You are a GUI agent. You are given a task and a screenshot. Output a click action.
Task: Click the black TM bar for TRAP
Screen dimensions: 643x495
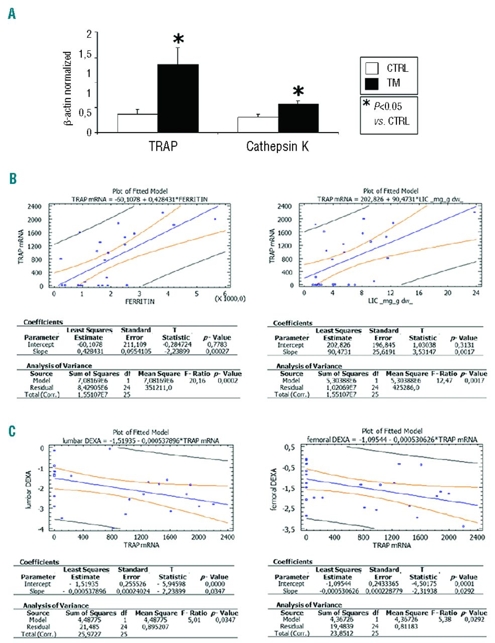pyautogui.click(x=178, y=98)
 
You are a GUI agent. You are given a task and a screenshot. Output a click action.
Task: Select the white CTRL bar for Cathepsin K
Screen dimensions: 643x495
pyautogui.click(x=258, y=125)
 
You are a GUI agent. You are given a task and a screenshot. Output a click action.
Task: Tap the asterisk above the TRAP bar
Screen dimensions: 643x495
pyautogui.click(x=178, y=40)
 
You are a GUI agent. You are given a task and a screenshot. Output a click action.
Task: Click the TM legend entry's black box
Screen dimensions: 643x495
pyautogui.click(x=372, y=83)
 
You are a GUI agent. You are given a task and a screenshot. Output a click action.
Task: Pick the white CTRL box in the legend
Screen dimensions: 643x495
pyautogui.click(x=372, y=68)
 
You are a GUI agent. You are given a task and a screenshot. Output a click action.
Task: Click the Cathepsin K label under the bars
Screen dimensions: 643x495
pyautogui.click(x=277, y=147)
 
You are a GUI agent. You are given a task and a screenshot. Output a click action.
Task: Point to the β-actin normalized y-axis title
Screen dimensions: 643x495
pyautogui.click(x=67, y=88)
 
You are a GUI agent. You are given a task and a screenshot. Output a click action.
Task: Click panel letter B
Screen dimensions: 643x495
pyautogui.click(x=12, y=178)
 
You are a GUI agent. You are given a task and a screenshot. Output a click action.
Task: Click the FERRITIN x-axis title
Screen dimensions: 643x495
pyautogui.click(x=140, y=302)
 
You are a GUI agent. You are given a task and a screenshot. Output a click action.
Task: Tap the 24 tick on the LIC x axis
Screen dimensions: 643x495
pyautogui.click(x=476, y=293)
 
